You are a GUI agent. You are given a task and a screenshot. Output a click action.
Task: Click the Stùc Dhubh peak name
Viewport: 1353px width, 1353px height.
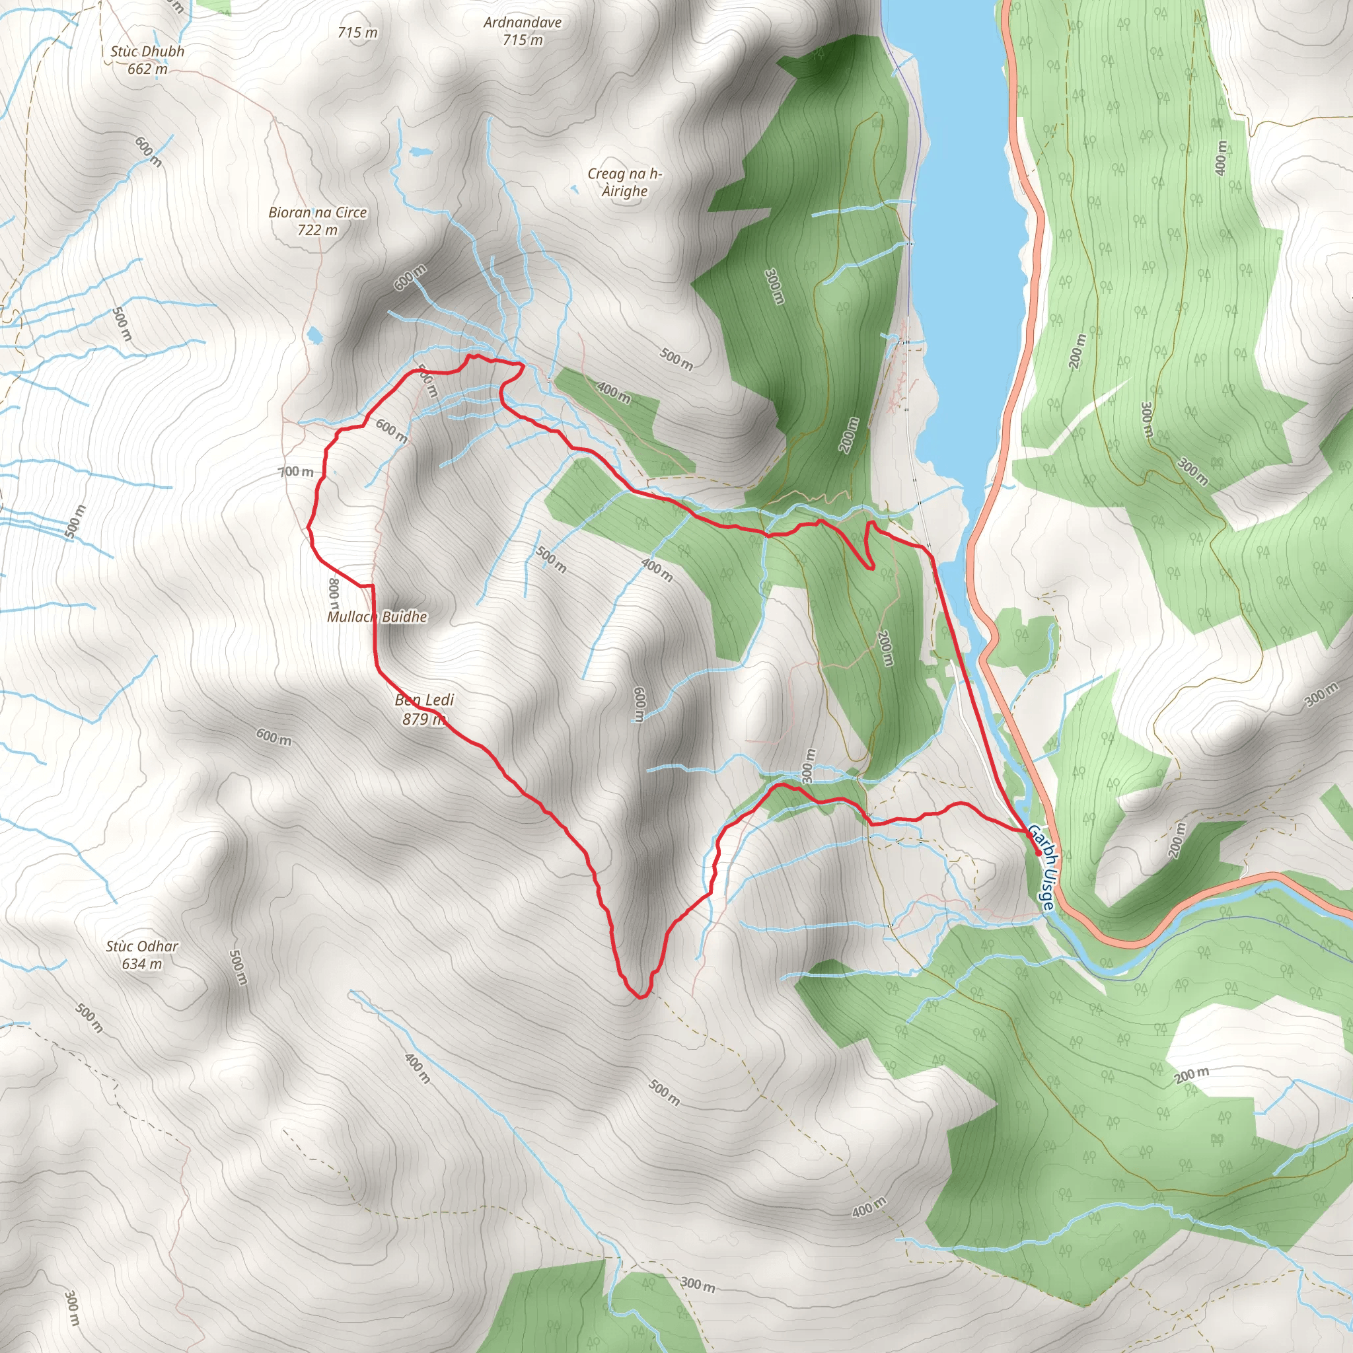[x=147, y=51]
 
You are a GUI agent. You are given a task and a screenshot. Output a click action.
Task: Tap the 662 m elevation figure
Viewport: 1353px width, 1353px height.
[x=147, y=69]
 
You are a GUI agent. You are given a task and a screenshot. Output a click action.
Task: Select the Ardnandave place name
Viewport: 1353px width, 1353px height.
[x=523, y=22]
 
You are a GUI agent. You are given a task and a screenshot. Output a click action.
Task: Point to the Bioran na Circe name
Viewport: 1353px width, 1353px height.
[x=317, y=212]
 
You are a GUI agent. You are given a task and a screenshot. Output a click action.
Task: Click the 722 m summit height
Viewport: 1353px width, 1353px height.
[x=317, y=230]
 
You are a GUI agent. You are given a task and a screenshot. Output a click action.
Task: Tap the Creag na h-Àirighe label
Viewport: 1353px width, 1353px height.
[x=625, y=183]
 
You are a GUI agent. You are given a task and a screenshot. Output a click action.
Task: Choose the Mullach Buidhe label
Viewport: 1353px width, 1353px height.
[x=377, y=617]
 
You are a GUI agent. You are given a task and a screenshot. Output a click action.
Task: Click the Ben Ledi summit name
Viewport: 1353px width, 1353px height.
[x=424, y=700]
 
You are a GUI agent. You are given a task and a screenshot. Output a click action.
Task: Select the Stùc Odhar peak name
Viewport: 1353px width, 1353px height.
[x=142, y=946]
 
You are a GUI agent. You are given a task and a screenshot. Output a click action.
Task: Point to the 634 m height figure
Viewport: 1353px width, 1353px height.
[x=142, y=964]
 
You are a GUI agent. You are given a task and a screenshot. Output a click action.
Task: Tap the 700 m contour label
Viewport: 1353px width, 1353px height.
[x=296, y=472]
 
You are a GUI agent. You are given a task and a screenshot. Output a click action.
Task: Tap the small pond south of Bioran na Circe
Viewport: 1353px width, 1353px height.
[x=314, y=336]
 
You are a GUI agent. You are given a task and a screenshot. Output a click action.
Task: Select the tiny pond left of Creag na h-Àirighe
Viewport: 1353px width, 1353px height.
[x=573, y=188]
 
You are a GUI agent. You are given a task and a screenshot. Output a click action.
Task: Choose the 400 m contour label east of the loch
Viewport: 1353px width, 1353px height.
[x=1222, y=159]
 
